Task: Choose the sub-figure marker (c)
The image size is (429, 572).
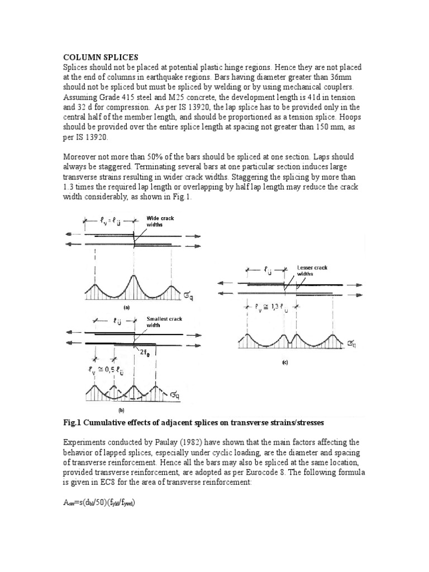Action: point(284,362)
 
